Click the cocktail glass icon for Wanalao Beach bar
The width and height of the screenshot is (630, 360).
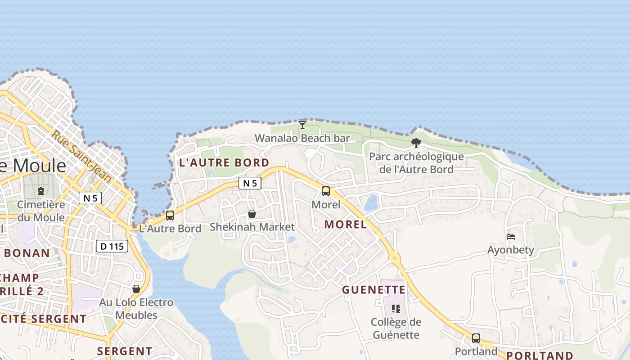pyautogui.click(x=302, y=125)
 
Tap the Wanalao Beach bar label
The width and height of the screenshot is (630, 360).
pyautogui.click(x=302, y=138)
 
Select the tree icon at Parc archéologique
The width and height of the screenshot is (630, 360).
pyautogui.click(x=416, y=143)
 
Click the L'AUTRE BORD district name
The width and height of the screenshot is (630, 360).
pyautogui.click(x=224, y=162)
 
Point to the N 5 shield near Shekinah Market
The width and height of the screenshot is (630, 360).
pyautogui.click(x=250, y=183)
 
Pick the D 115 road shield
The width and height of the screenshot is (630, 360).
pyautogui.click(x=112, y=246)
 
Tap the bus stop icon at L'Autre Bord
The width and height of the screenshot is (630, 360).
pyautogui.click(x=170, y=216)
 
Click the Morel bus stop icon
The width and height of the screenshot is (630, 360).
pyautogui.click(x=326, y=191)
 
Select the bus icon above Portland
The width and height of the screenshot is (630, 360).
pyautogui.click(x=476, y=338)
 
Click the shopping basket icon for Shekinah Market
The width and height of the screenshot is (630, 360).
pyautogui.click(x=252, y=214)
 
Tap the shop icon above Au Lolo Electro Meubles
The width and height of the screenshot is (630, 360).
pyautogui.click(x=136, y=289)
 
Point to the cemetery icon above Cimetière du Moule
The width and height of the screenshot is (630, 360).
pyautogui.click(x=41, y=191)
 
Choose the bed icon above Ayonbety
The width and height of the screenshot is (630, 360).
pyautogui.click(x=511, y=237)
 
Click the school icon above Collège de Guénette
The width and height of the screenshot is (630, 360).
pyautogui.click(x=396, y=309)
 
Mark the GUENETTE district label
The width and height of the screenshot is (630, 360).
pyautogui.click(x=373, y=290)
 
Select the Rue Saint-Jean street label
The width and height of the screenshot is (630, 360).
pyautogui.click(x=81, y=156)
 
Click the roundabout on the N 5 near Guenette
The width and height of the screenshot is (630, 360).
pyautogui.click(x=395, y=258)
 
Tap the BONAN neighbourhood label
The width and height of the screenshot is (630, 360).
pyautogui.click(x=27, y=253)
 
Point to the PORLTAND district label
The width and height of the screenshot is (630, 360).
pyautogui.click(x=540, y=355)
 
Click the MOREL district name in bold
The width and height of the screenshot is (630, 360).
pyautogui.click(x=346, y=224)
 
